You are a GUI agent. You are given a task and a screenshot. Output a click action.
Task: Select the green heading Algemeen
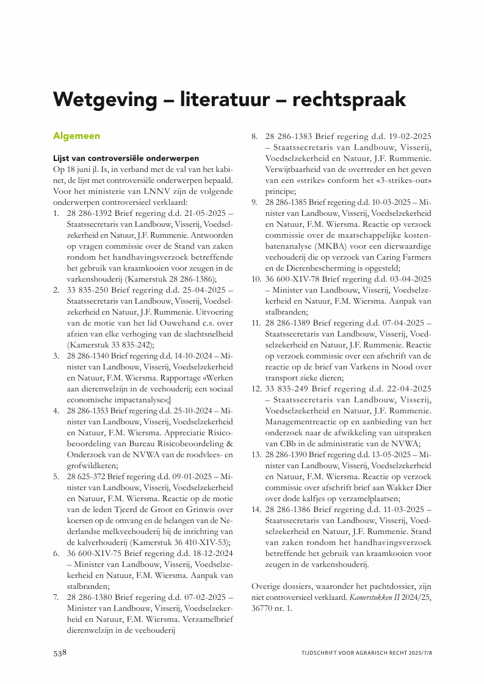[76, 135]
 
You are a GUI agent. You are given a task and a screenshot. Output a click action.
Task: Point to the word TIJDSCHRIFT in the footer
[323, 653]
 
